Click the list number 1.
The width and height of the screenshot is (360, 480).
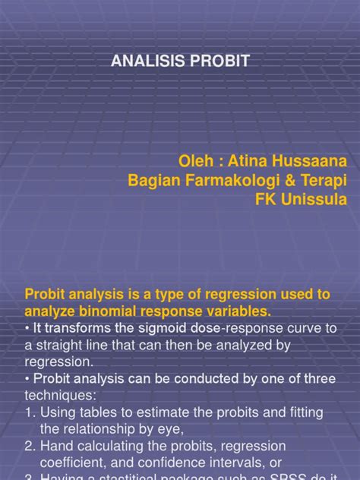click(x=31, y=412)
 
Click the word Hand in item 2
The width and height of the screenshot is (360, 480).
click(x=55, y=445)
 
